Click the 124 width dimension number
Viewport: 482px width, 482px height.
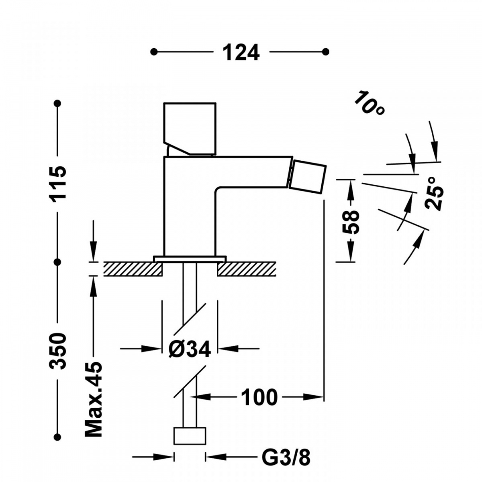coord(241,52)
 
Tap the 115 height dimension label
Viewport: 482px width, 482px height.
coord(58,182)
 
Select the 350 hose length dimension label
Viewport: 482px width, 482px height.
coord(58,351)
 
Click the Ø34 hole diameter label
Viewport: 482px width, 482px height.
coord(190,349)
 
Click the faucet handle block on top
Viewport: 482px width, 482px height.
coord(190,129)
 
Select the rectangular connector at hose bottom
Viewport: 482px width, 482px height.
coord(190,436)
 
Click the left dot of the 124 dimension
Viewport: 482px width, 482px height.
coord(154,52)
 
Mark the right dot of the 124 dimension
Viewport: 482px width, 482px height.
coord(325,52)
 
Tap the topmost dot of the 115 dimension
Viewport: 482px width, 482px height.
coord(58,103)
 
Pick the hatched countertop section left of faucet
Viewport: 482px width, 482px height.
coord(133,269)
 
